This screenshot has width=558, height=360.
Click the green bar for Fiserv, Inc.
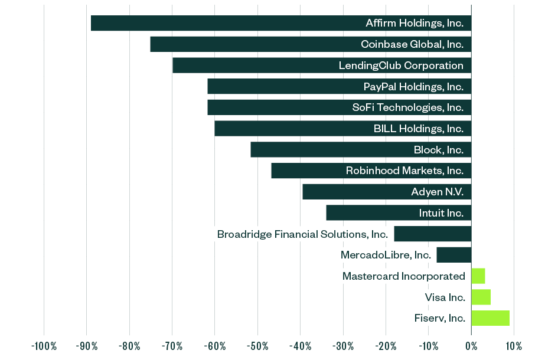(490, 318)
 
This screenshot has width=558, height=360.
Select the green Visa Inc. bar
(481, 297)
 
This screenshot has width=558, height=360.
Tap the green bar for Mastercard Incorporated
(478, 276)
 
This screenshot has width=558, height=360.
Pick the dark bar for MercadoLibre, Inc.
(453, 255)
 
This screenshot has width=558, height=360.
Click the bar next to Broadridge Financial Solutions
(432, 234)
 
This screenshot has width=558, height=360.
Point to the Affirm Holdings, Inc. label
(415, 24)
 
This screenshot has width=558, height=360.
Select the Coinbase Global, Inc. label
(412, 44)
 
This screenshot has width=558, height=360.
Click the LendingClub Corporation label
(401, 66)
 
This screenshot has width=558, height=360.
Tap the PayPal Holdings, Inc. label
(413, 87)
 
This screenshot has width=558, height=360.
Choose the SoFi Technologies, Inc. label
(407, 107)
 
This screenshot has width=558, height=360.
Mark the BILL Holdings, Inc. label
(419, 129)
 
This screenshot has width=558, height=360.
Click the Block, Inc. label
(439, 150)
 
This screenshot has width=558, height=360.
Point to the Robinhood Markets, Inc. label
(404, 171)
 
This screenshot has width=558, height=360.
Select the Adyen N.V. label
(437, 192)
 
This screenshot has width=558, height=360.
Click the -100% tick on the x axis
(44, 346)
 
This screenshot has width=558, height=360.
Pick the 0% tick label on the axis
(471, 346)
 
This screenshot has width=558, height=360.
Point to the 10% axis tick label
(514, 346)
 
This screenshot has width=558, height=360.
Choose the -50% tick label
(257, 346)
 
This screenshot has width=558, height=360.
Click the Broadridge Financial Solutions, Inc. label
(302, 234)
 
